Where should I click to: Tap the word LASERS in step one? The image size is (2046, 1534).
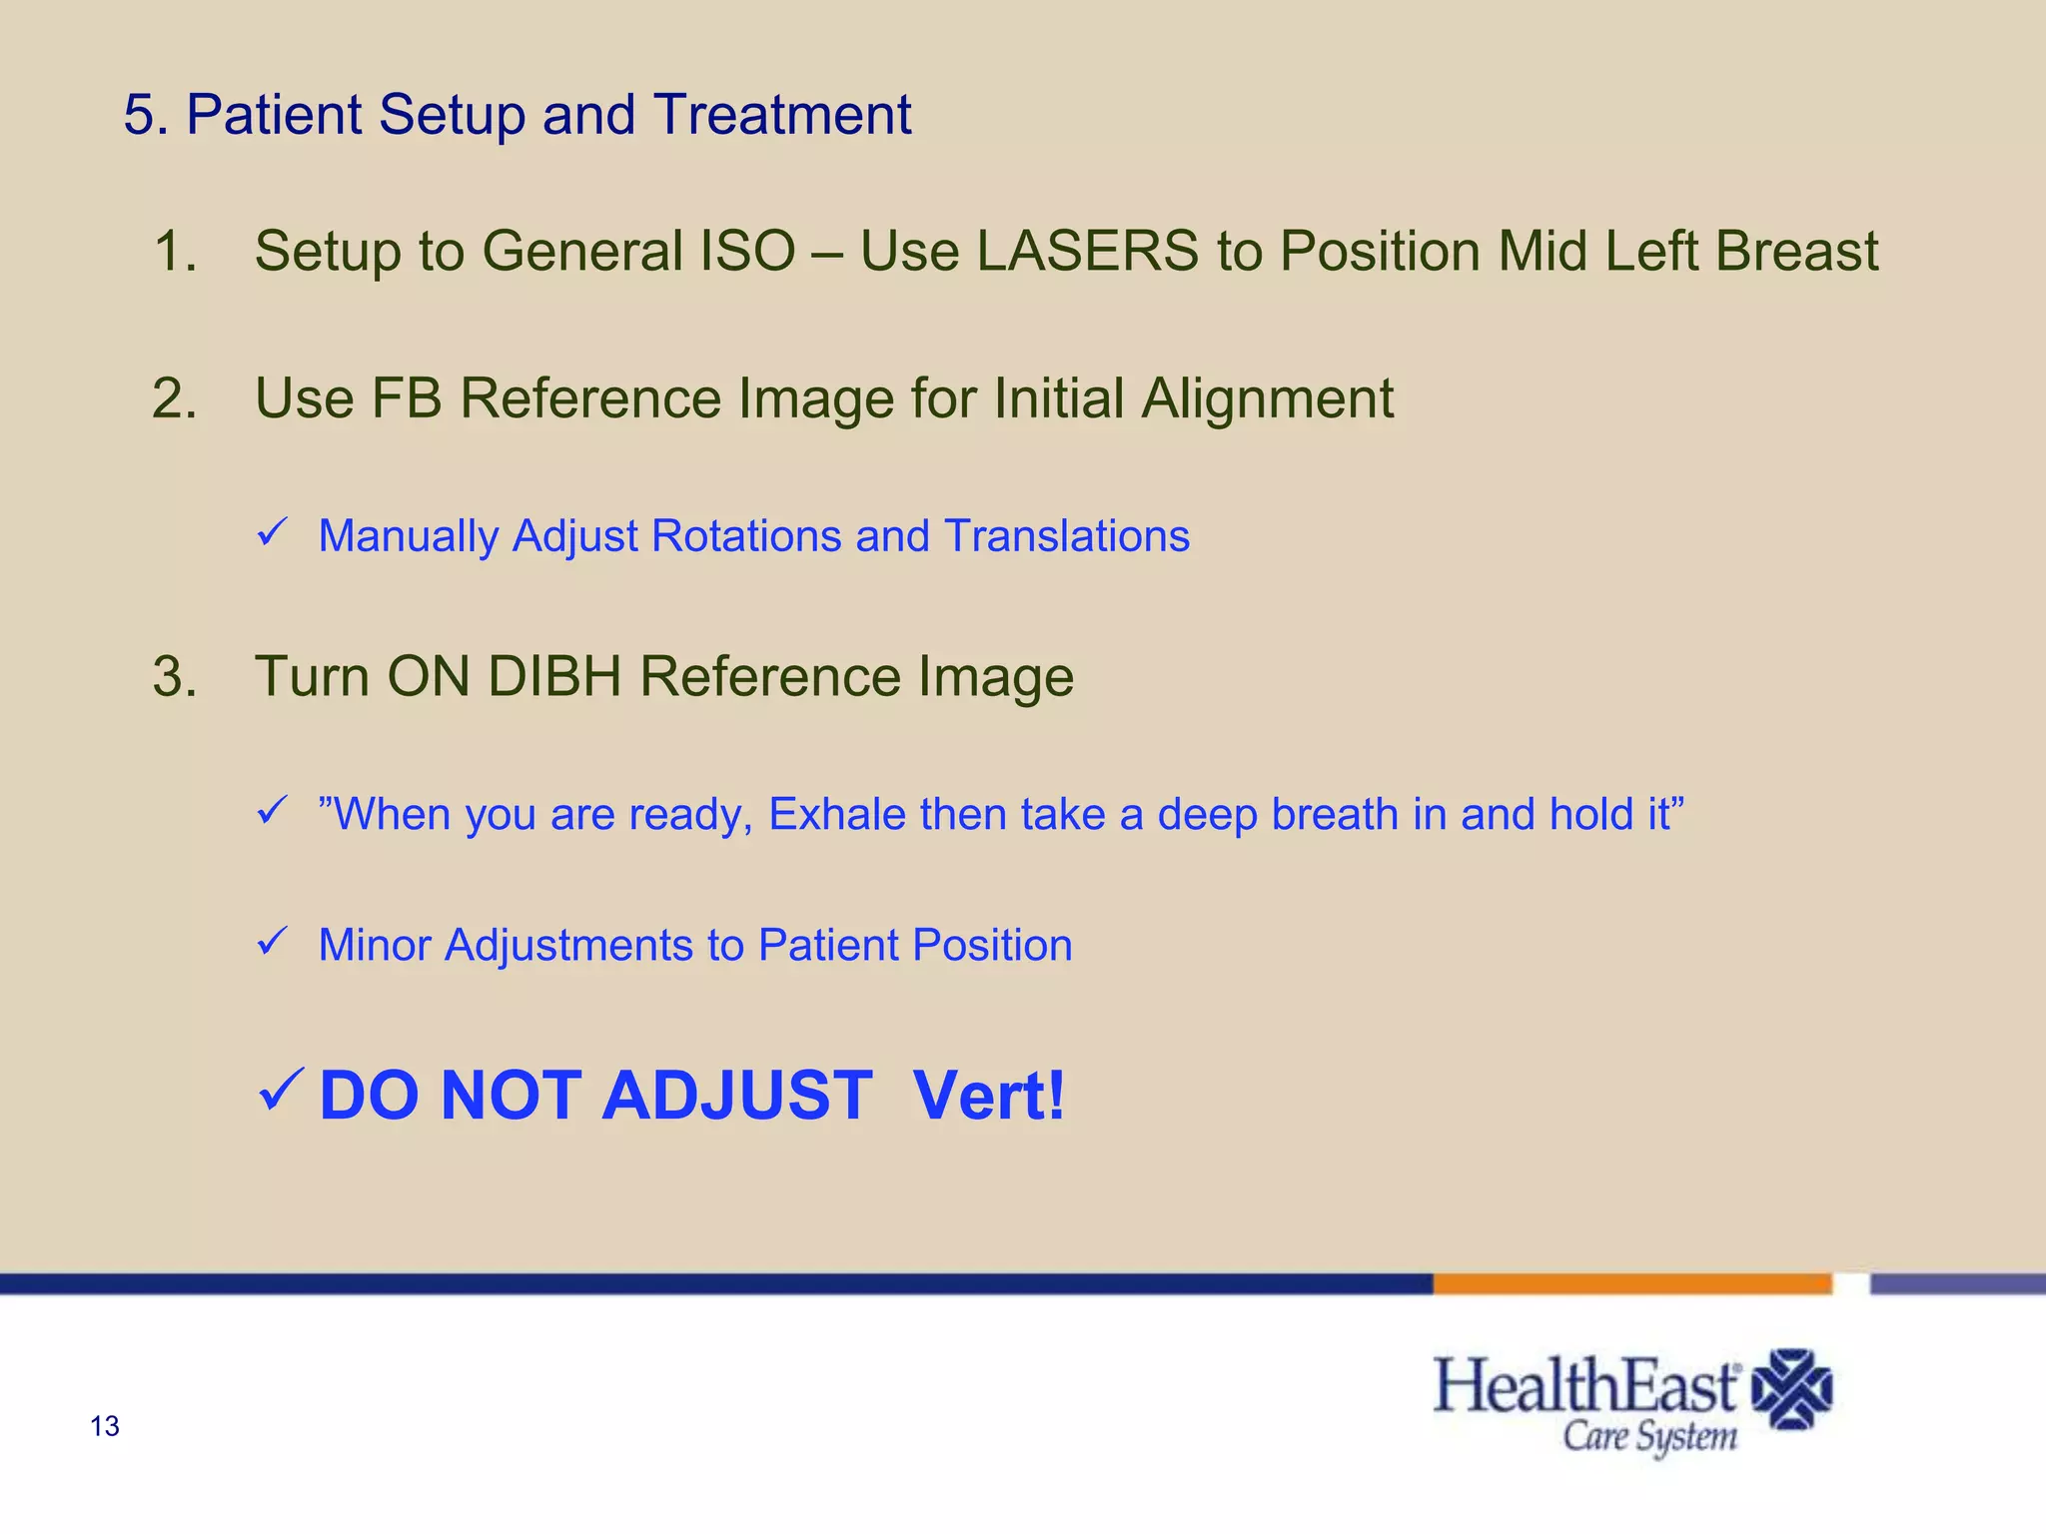pos(1087,251)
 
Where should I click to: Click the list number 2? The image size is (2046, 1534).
pos(175,398)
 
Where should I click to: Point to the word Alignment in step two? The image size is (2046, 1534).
pos(1267,398)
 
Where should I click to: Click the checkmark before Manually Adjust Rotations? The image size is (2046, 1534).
pos(272,531)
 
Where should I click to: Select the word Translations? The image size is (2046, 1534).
pos(1067,536)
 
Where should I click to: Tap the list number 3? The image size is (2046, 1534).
pos(175,676)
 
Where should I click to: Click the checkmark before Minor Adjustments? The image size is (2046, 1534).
pos(272,941)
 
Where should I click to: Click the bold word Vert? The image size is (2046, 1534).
pos(989,1096)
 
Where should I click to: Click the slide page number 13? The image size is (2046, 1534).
pos(105,1426)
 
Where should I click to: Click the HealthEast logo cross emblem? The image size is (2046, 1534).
pos(1792,1389)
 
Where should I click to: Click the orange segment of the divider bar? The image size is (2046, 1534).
pos(1631,1284)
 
